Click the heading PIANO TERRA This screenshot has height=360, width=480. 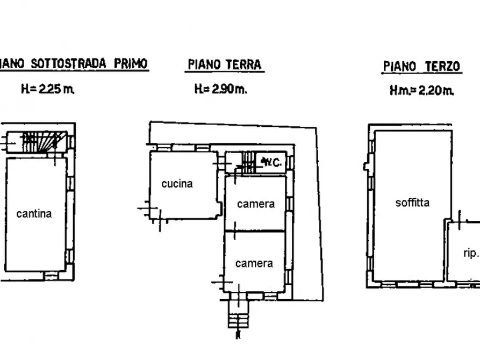(x=224, y=65)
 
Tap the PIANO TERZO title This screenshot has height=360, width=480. (x=421, y=67)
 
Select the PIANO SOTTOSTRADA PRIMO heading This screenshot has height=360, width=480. (x=73, y=64)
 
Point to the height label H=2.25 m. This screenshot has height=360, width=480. (x=47, y=89)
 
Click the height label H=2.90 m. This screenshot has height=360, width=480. (x=220, y=89)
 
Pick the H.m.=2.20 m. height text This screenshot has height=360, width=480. (x=421, y=91)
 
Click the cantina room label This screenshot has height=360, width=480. (x=34, y=213)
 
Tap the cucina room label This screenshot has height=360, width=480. (x=177, y=184)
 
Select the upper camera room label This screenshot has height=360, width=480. (x=256, y=204)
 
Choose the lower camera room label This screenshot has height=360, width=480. (x=254, y=263)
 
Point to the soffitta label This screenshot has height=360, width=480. (x=412, y=203)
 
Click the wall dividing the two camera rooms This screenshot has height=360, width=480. (x=254, y=231)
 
